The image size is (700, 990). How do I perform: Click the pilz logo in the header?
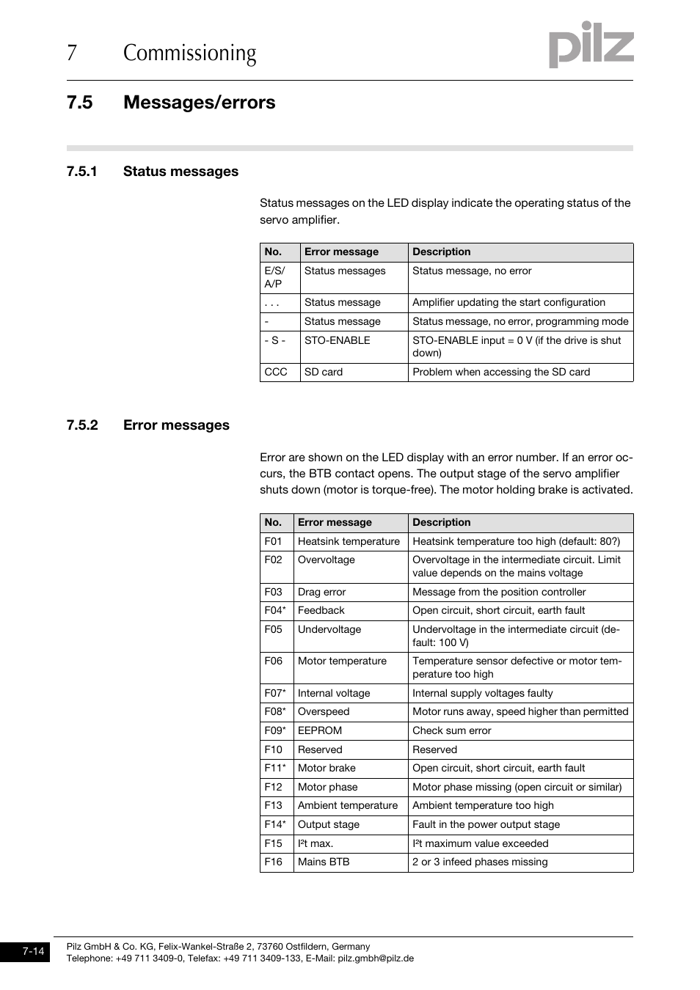[591, 45]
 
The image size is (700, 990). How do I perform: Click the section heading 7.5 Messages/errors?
[170, 102]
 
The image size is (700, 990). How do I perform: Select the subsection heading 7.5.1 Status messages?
[152, 172]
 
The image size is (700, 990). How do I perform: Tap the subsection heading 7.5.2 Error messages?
[147, 425]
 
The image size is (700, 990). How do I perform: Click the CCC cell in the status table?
[276, 372]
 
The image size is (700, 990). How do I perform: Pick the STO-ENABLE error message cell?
[338, 340]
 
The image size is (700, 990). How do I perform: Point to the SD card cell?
[324, 372]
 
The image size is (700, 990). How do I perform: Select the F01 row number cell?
[273, 541]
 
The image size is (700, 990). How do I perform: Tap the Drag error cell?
[322, 592]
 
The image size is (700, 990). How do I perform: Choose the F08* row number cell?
[275, 711]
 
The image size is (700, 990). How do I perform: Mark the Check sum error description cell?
[452, 730]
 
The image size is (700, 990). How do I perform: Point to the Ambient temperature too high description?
[483, 805]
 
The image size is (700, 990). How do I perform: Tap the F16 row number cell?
[273, 862]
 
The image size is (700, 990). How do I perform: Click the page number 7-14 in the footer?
[33, 952]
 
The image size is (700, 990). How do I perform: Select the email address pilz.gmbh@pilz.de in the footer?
[376, 958]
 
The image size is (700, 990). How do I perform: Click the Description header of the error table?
[442, 522]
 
